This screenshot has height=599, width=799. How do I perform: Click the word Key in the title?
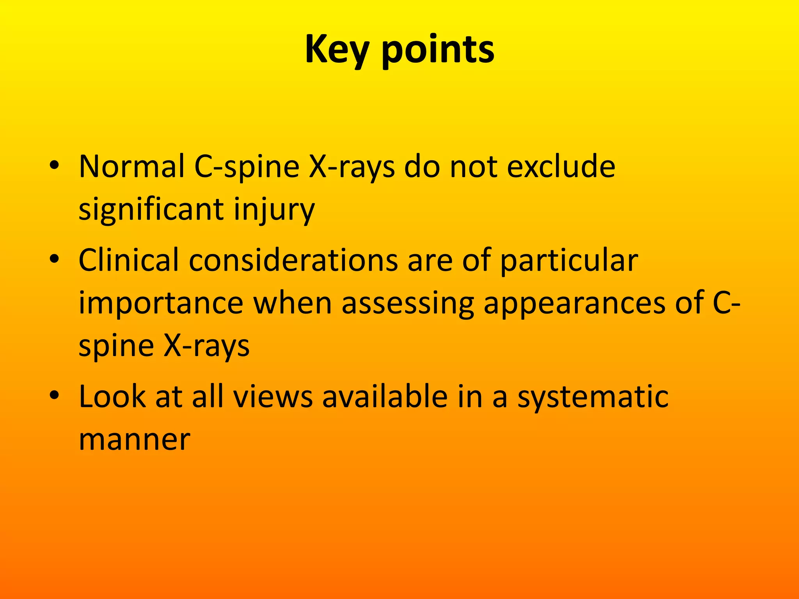tap(336, 50)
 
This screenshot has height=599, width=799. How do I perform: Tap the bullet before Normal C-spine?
tap(54, 165)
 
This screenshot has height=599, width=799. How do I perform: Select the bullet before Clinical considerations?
tap(54, 259)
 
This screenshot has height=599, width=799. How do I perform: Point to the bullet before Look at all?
tap(54, 395)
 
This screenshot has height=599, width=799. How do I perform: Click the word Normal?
tap(132, 167)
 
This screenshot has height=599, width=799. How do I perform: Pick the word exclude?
tap(561, 167)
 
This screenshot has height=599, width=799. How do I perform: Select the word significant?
tap(151, 209)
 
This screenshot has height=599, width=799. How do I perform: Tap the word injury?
tap(274, 209)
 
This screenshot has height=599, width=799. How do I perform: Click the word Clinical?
tap(128, 261)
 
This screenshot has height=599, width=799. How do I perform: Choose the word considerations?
tap(293, 261)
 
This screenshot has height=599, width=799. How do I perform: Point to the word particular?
tap(569, 261)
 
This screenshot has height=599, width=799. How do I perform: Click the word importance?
tap(161, 303)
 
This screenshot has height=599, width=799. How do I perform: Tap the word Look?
tap(112, 397)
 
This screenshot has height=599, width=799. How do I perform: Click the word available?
tap(385, 397)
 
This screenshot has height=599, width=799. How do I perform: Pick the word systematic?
tap(593, 397)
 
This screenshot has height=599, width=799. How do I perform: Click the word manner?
tap(134, 440)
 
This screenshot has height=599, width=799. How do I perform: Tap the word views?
tap(273, 397)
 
